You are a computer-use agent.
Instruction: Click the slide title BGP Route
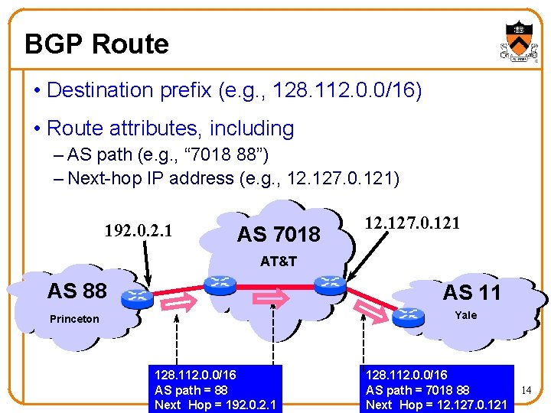(x=96, y=44)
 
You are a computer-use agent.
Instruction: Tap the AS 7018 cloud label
(x=279, y=234)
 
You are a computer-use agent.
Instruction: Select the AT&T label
(x=278, y=261)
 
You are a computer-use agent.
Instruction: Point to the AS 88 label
(x=77, y=291)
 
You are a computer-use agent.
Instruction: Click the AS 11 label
(x=471, y=292)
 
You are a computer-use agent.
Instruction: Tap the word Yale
(x=465, y=315)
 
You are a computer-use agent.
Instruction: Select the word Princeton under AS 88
(x=74, y=319)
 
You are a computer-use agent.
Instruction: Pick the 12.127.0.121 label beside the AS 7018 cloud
(x=412, y=223)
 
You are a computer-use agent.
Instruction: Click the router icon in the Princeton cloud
(x=138, y=297)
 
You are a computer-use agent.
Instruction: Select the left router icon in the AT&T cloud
(x=220, y=285)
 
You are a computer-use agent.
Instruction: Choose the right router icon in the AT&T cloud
(x=331, y=283)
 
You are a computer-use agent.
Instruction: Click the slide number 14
(x=526, y=390)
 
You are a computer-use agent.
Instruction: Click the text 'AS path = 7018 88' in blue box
(x=418, y=390)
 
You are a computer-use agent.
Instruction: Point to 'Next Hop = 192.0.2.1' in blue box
(x=216, y=405)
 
